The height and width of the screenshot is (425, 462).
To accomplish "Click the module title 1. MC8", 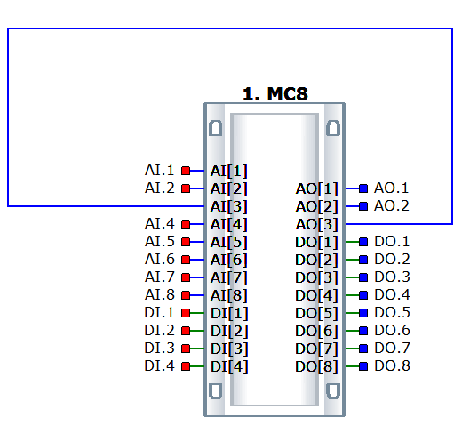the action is click(275, 94).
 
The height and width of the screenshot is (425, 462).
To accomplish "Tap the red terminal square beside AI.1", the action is click(186, 171).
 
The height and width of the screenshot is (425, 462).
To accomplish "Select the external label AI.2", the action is click(160, 188).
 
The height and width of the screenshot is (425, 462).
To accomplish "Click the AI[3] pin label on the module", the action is click(228, 206).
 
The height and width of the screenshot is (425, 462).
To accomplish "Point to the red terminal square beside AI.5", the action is click(186, 242).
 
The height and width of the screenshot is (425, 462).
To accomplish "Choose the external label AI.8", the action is click(160, 295).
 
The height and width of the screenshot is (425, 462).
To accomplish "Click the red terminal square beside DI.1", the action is click(186, 313).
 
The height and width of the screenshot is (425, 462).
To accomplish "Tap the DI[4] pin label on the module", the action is click(229, 366).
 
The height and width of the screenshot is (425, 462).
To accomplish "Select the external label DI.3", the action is click(160, 349).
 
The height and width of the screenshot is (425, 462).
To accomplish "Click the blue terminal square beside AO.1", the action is click(363, 188).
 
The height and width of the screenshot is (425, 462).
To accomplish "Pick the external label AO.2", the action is click(392, 206).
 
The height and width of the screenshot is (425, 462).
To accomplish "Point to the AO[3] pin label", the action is click(317, 224).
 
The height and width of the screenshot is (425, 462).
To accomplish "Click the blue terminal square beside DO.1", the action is click(363, 242).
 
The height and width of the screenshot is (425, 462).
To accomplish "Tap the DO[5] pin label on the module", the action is click(316, 313).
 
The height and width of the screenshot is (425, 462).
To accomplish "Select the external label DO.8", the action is click(392, 366).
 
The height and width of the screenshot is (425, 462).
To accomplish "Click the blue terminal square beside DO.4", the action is click(363, 295).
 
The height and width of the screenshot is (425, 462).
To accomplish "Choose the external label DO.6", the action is click(392, 331).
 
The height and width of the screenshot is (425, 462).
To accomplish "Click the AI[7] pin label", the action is click(228, 277).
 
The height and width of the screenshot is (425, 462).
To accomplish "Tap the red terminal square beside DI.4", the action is click(186, 366).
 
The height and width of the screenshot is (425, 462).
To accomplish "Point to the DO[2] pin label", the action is click(316, 260).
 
